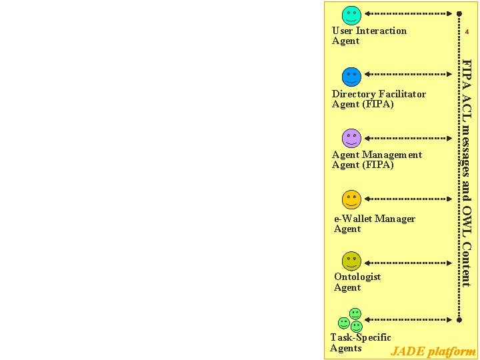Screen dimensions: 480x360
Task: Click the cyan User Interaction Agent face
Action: pyautogui.click(x=351, y=15)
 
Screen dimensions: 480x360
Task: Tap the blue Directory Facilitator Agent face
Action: pyautogui.click(x=351, y=76)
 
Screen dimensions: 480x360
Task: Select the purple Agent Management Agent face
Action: pyautogui.click(x=351, y=138)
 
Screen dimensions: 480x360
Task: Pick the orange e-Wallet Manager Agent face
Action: pyautogui.click(x=351, y=199)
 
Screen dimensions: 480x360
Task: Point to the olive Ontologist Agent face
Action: pyautogui.click(x=351, y=261)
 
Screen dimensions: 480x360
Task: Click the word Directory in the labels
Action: pyautogui.click(x=354, y=94)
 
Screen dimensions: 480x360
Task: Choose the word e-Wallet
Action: pyautogui.click(x=353, y=219)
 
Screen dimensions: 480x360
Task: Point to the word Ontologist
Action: pyautogui.click(x=357, y=277)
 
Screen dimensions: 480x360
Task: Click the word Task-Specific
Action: pyautogui.click(x=361, y=337)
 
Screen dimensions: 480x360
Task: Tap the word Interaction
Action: pyautogui.click(x=381, y=31)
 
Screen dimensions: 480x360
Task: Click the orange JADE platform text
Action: pyautogui.click(x=433, y=351)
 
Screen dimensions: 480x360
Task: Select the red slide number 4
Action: pyautogui.click(x=467, y=31)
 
